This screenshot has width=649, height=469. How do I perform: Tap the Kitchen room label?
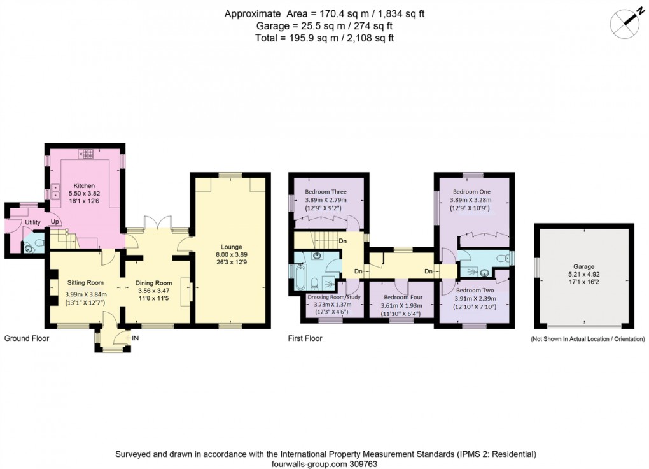click(84, 185)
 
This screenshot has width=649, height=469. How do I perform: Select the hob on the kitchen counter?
click(87, 154)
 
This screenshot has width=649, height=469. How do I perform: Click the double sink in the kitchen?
click(55, 188)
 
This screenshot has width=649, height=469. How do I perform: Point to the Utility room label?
click(33, 222)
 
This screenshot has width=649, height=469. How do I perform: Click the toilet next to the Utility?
click(32, 246)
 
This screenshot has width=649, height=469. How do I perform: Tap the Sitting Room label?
click(85, 282)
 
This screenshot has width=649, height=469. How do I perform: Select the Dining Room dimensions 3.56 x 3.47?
click(154, 291)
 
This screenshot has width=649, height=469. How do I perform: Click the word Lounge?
click(231, 247)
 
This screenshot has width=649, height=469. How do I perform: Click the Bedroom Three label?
click(326, 191)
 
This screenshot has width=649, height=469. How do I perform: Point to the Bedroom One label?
click(471, 191)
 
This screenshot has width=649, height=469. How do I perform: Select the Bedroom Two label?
click(475, 290)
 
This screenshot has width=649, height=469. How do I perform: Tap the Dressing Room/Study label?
click(334, 297)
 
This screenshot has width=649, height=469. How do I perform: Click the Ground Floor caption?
click(27, 338)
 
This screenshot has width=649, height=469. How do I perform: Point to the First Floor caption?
click(305, 338)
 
